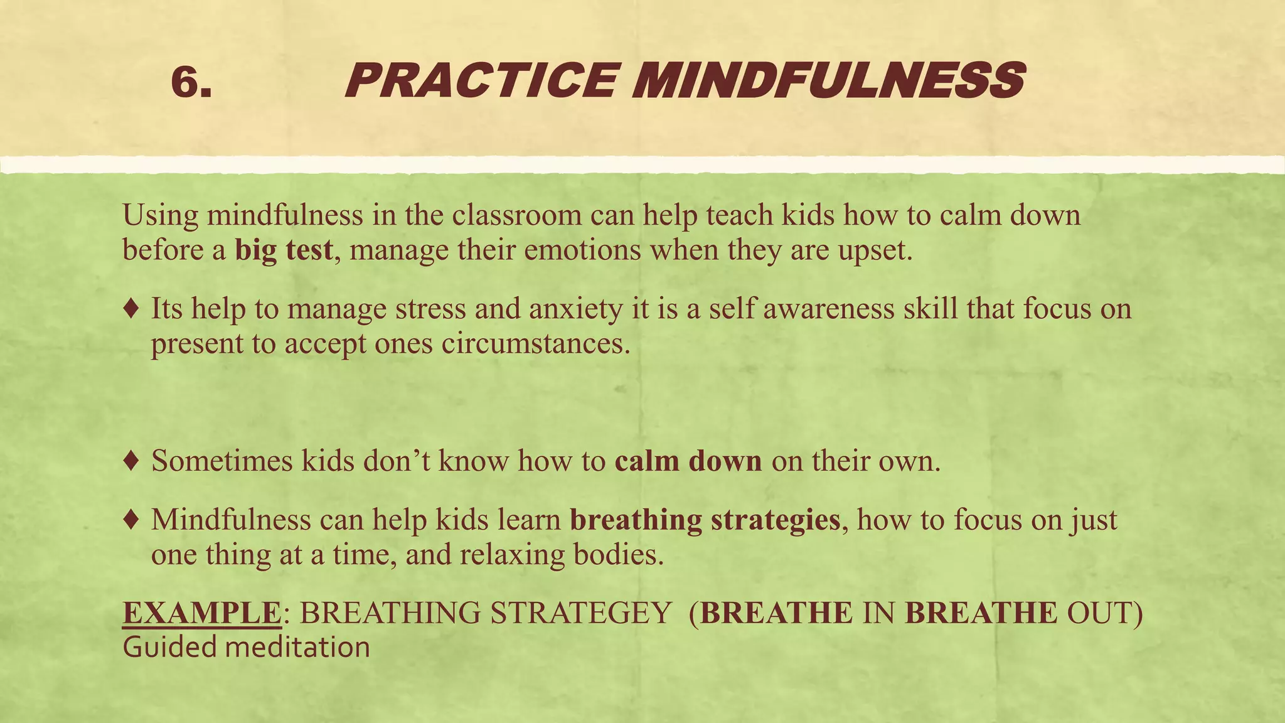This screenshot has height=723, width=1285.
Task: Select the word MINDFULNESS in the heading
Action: [828, 81]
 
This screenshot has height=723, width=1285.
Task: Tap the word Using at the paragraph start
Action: [161, 216]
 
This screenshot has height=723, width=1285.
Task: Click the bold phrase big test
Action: [284, 250]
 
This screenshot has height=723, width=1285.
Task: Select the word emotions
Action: [582, 250]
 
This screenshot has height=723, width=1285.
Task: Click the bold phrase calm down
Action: [688, 461]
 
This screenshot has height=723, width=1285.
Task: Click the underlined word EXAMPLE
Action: [201, 613]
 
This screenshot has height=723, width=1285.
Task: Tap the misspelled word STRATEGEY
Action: [581, 613]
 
